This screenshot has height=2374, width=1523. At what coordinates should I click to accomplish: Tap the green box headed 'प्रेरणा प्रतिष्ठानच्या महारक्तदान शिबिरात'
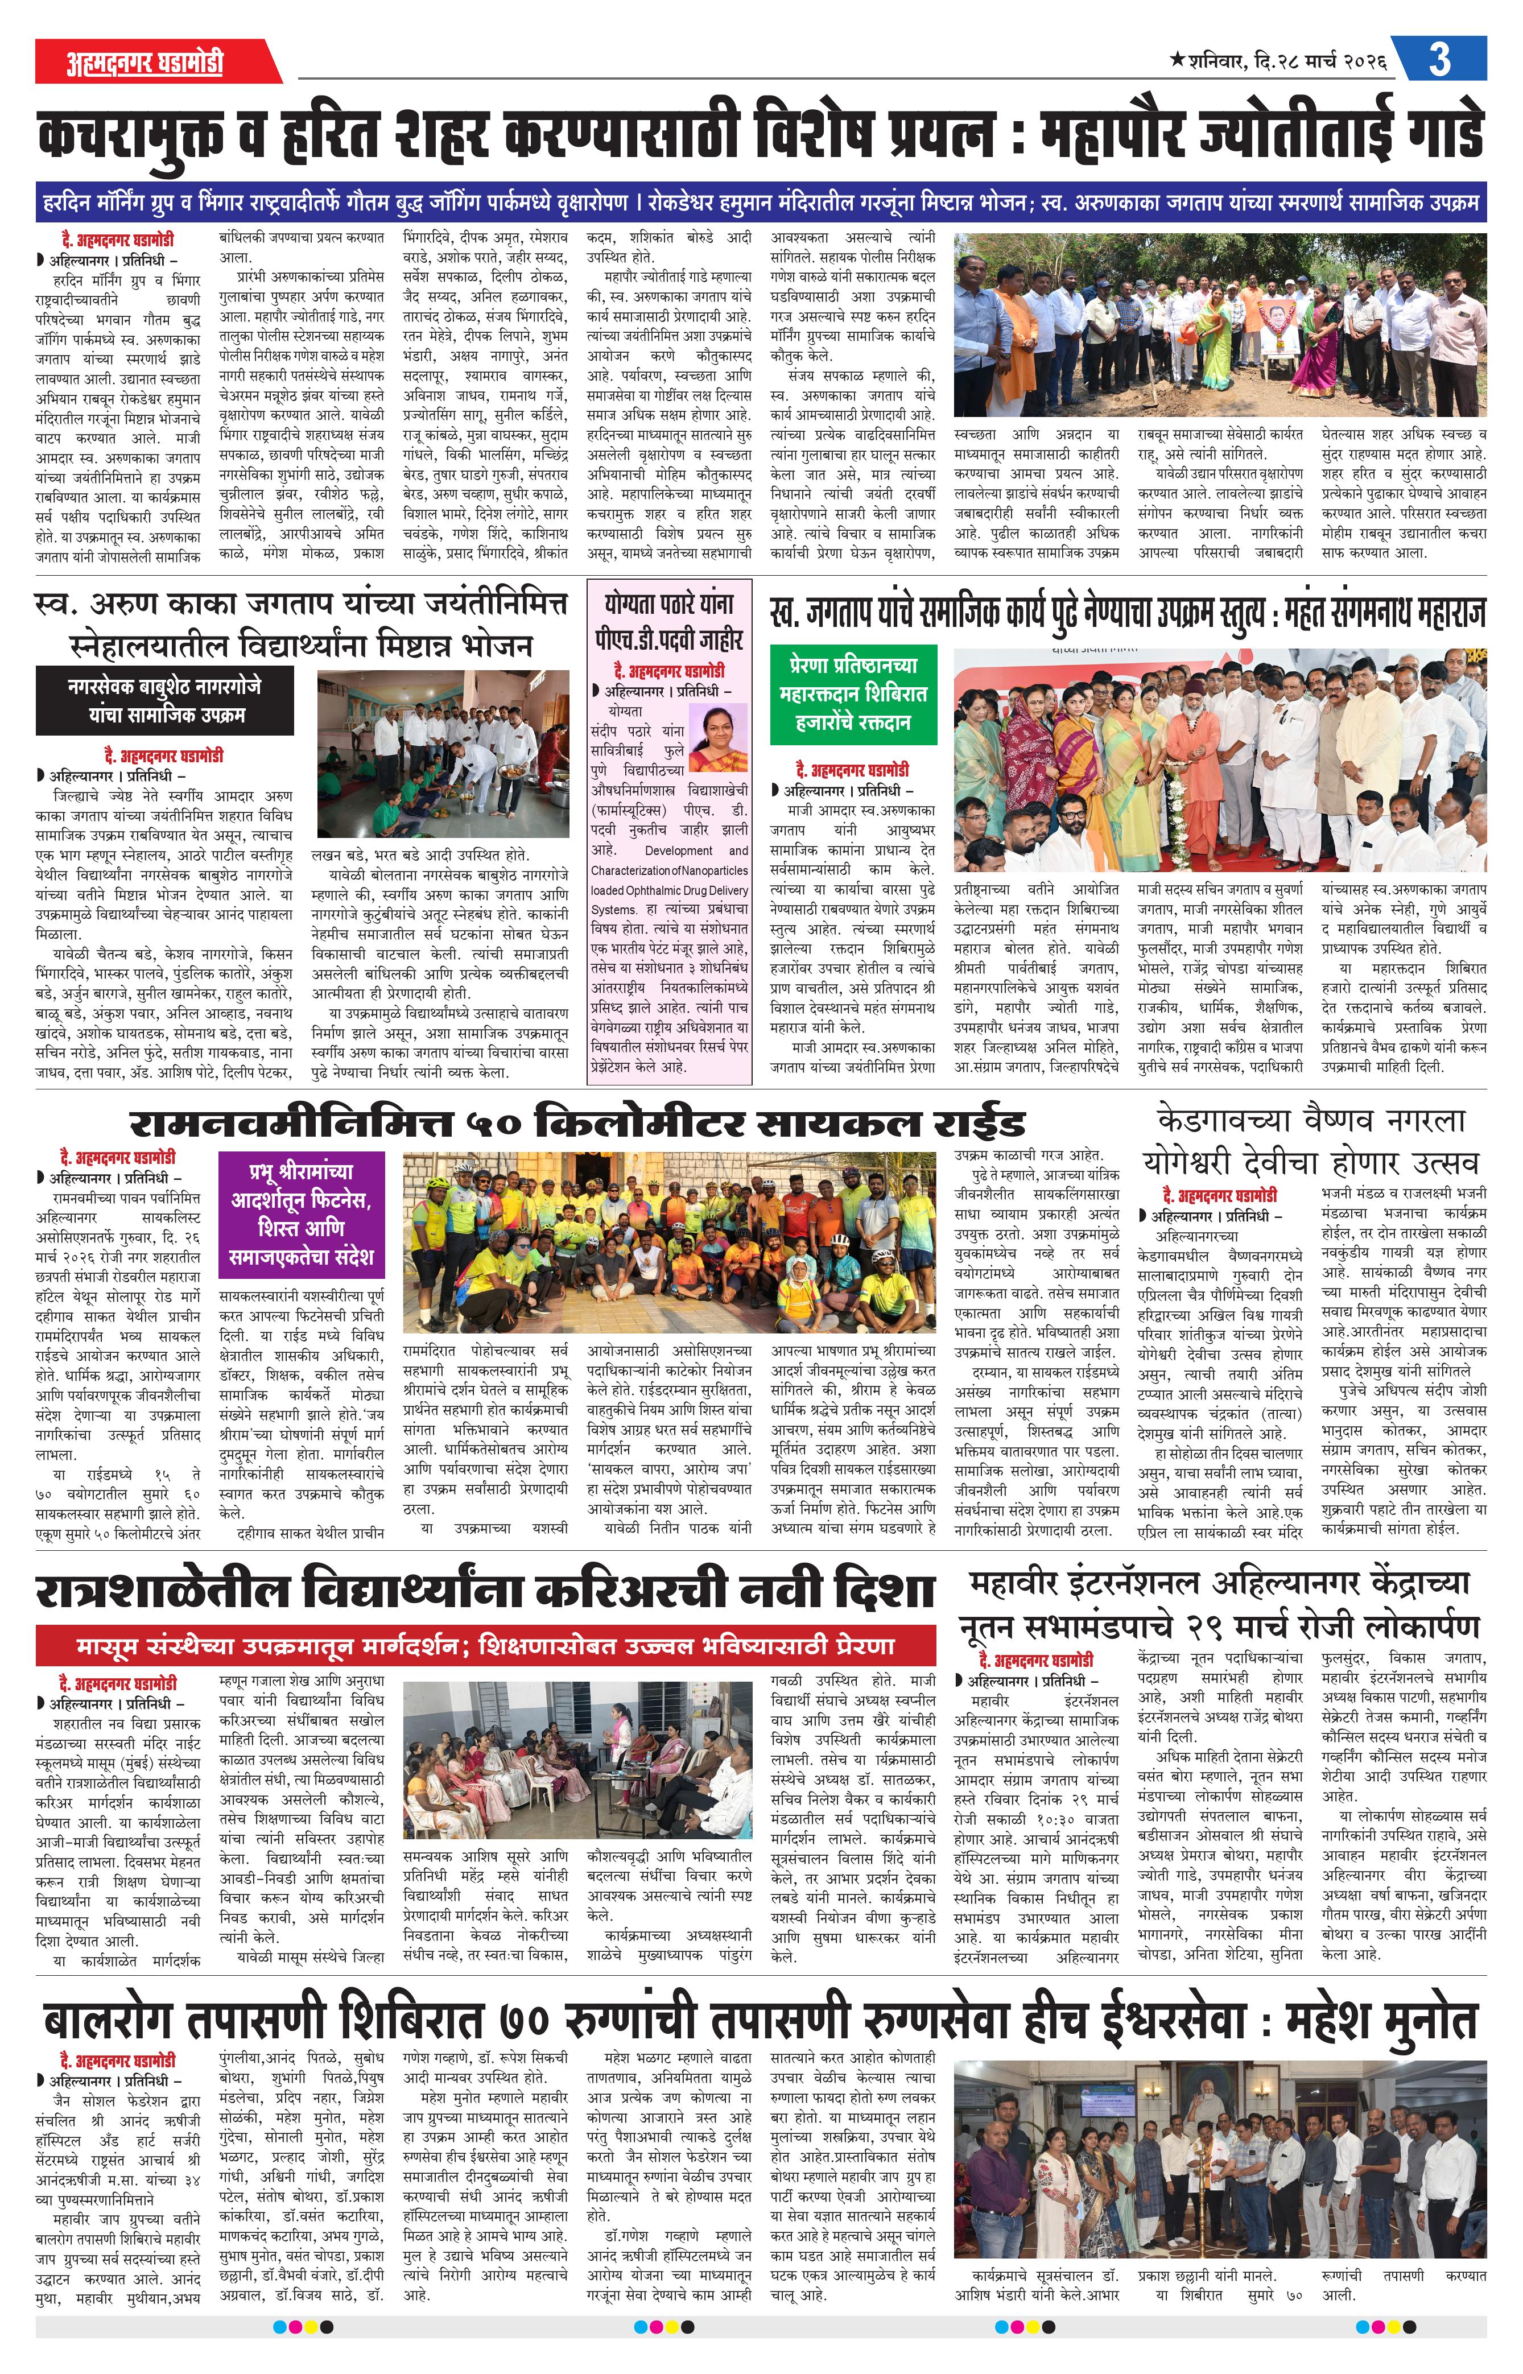[x=853, y=693]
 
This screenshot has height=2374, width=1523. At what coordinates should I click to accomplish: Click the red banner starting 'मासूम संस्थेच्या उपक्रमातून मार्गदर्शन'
[x=486, y=1645]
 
